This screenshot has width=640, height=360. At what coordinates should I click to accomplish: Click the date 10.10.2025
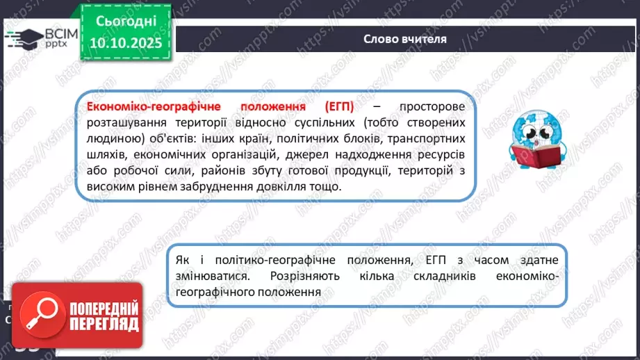125,42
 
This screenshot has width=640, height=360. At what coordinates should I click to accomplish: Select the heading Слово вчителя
404,39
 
